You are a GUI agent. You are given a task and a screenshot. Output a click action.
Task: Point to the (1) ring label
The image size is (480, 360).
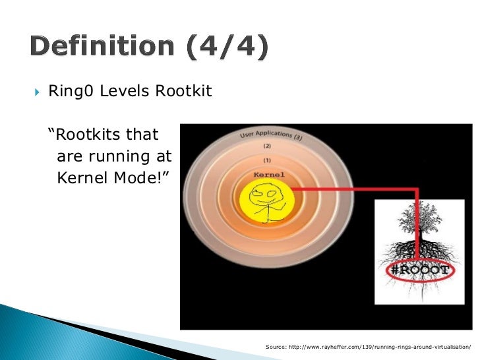coord(267,161)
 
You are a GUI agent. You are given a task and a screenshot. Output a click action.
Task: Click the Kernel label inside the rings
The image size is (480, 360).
coord(269,175)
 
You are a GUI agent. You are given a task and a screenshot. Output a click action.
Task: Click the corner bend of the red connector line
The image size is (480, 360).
coord(417,189)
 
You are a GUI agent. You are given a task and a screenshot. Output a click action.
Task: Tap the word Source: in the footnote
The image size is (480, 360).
coord(276,346)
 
